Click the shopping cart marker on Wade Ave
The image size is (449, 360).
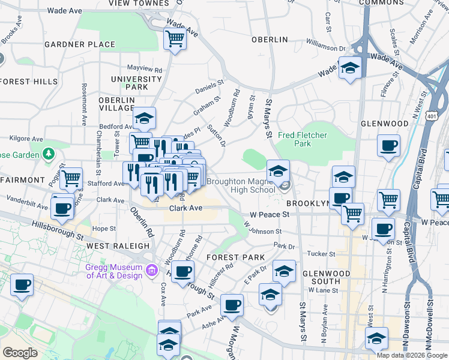(175, 40)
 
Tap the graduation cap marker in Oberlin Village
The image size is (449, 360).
(144, 119)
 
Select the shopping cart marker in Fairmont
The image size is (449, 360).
(71, 178)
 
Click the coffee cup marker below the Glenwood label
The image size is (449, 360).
(388, 145)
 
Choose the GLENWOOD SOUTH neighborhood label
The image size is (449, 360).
(326, 277)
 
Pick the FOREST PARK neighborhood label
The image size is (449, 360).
(235, 257)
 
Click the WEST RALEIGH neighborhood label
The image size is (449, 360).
(118, 246)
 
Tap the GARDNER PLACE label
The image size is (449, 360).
(80, 44)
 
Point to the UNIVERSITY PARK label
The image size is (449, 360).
(130, 83)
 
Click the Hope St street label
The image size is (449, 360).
(104, 229)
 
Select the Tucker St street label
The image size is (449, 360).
(320, 254)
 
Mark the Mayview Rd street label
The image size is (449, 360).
(145, 70)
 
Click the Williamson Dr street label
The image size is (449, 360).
(326, 45)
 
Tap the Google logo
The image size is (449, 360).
(20, 353)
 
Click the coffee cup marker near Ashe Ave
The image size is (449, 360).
(231, 305)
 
